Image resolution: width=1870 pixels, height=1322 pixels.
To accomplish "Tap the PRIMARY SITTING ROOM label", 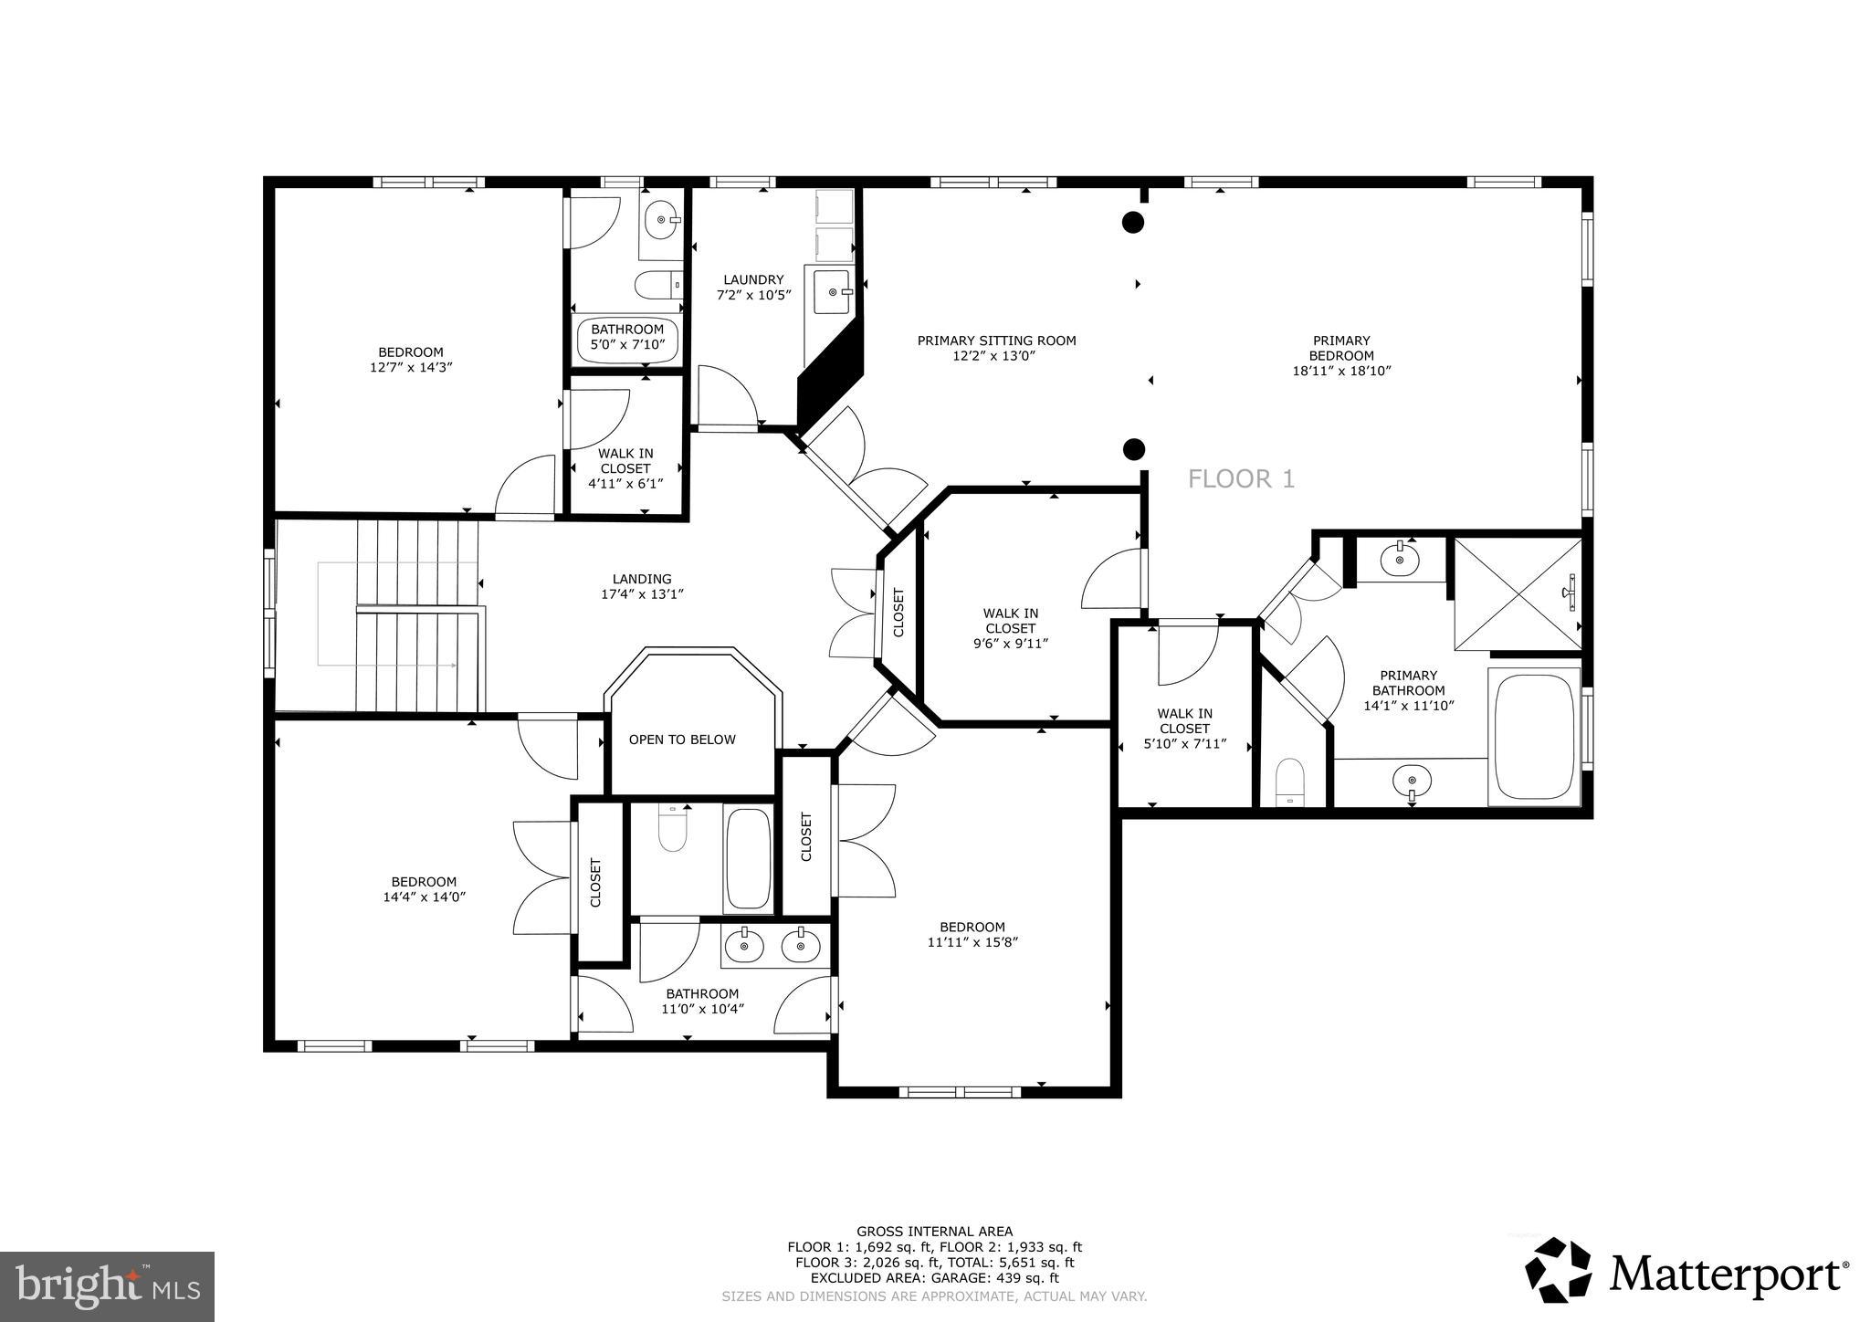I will (996, 341).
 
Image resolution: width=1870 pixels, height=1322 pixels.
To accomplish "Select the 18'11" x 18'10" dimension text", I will (1341, 371).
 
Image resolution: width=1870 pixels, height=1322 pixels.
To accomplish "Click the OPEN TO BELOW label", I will (682, 740).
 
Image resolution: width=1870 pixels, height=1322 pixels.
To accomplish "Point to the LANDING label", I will (642, 579).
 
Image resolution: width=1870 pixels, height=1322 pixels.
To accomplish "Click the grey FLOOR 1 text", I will (1241, 478).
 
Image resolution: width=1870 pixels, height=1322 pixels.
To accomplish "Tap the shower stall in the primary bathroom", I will (1516, 594).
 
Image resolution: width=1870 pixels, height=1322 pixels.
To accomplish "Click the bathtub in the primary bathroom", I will (1534, 736).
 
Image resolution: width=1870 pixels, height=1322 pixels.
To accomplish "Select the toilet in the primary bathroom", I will (1290, 781).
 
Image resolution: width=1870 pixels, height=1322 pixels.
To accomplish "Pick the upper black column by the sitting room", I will (1133, 221).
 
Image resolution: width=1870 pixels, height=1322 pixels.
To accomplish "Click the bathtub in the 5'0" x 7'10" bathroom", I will (627, 339).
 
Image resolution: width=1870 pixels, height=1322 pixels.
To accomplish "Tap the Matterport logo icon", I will (1559, 1270).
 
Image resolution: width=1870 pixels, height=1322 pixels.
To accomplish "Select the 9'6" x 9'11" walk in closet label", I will (1010, 628).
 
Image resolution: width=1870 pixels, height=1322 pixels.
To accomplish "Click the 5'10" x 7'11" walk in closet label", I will (1184, 729).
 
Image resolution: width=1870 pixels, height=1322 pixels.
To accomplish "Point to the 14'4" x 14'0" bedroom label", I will (424, 888).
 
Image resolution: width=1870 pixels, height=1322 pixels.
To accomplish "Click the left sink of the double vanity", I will (745, 946).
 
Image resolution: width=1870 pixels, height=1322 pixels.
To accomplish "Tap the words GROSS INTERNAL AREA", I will (934, 1231).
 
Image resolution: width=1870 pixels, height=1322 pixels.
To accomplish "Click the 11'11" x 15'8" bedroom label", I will (972, 934).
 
